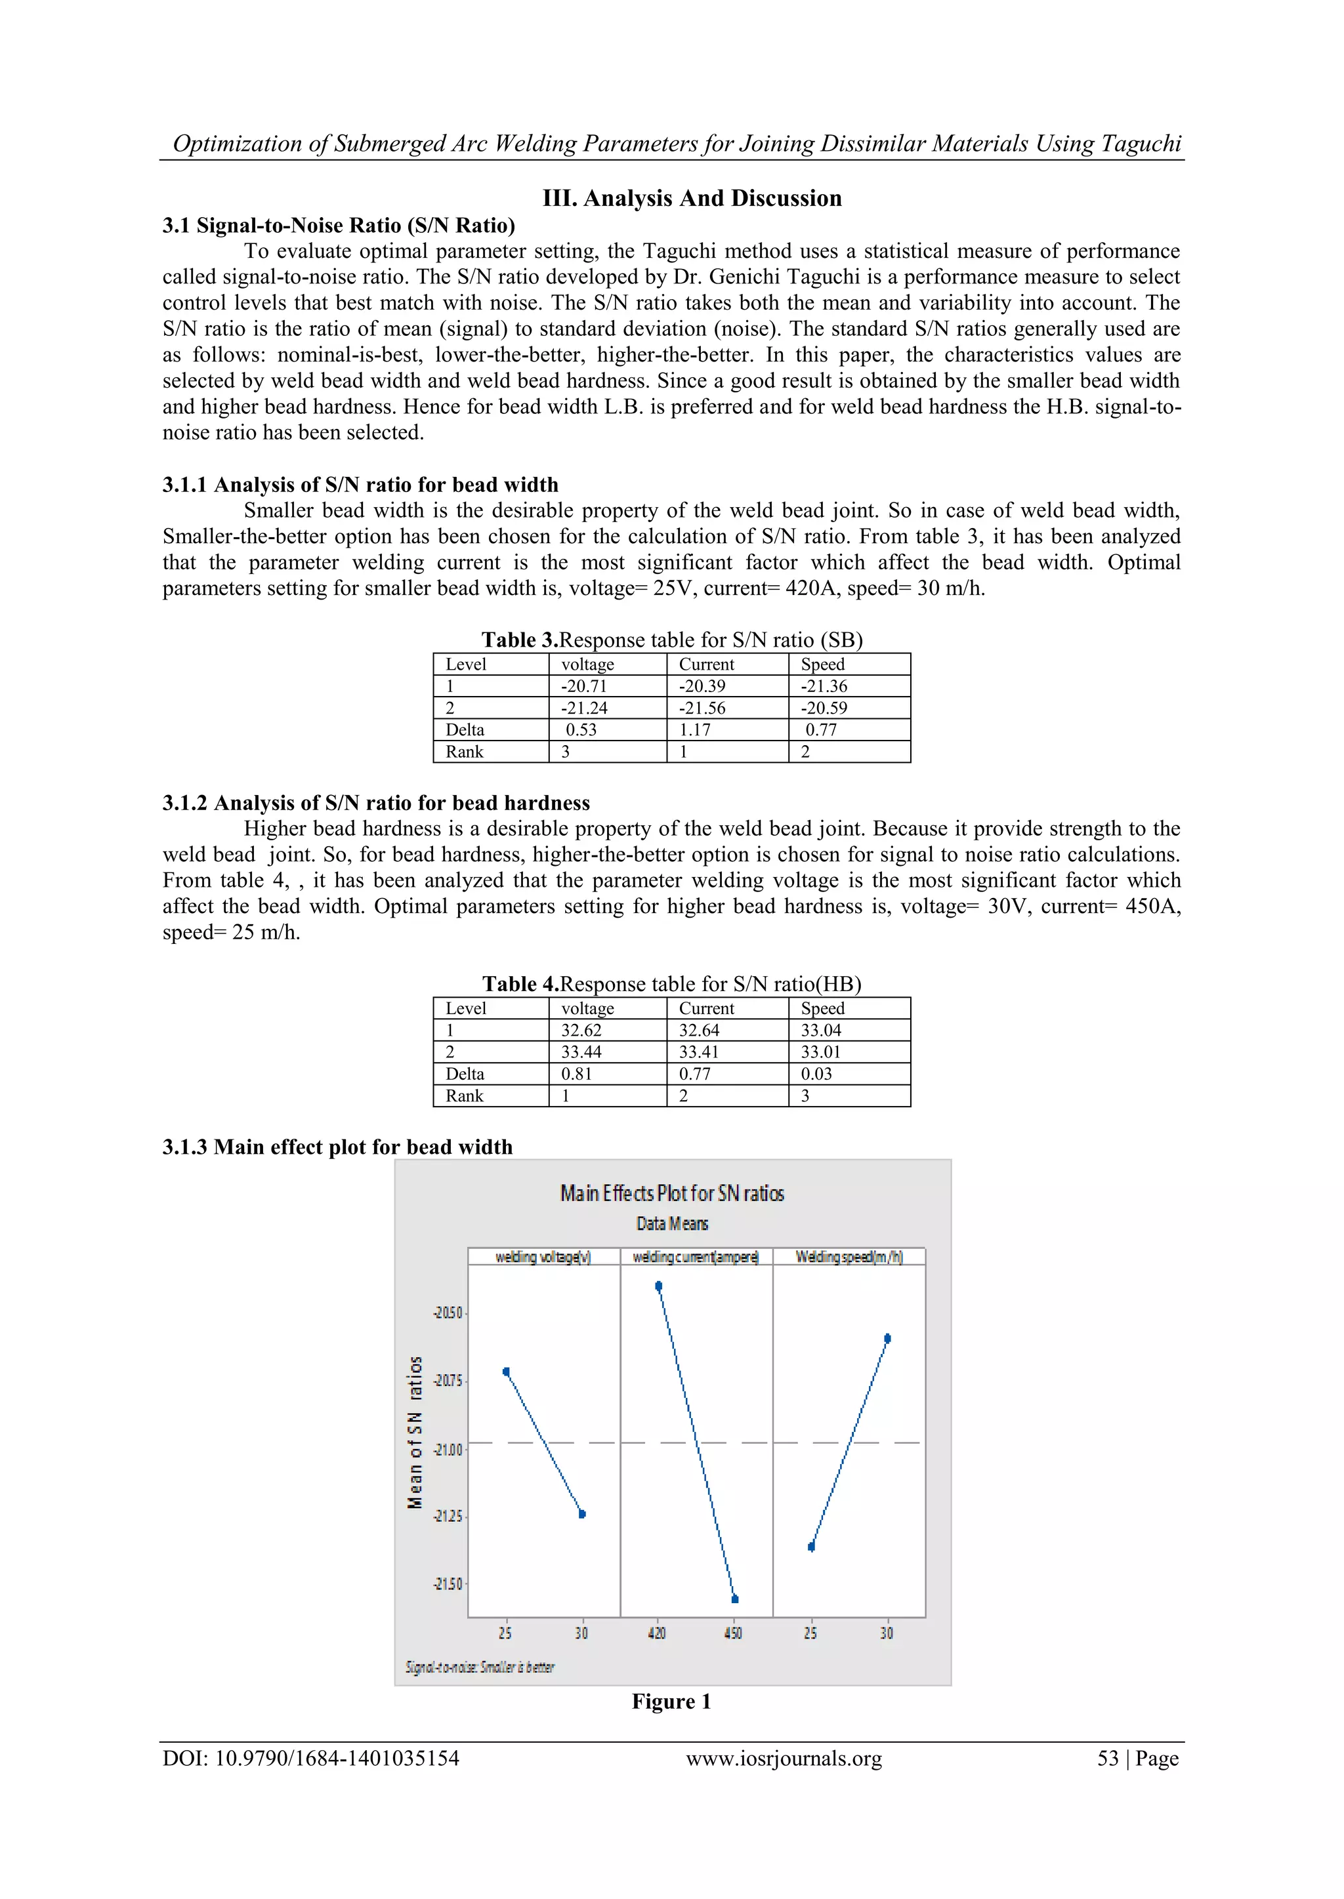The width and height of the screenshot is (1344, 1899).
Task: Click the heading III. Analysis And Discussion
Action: pos(692,199)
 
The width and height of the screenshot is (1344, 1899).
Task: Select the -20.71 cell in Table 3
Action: pos(584,685)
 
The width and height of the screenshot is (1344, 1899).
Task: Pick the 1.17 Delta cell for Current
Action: pos(695,729)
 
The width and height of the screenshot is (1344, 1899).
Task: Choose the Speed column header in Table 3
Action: pos(823,664)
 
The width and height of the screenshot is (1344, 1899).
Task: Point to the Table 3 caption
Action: pos(672,640)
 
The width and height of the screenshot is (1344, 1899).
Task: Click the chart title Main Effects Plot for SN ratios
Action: pos(671,1193)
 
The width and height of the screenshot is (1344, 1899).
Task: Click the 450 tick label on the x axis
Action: pos(733,1633)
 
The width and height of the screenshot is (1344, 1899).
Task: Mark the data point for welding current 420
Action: pos(659,1286)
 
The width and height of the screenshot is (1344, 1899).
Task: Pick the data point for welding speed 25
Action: pos(812,1547)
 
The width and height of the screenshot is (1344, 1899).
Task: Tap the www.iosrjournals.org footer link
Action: pos(784,1759)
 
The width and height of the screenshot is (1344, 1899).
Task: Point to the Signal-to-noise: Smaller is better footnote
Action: pos(480,1667)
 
